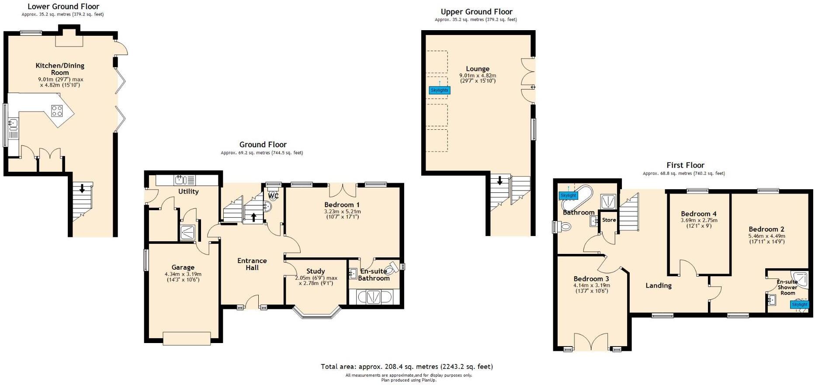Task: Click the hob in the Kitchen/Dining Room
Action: [57, 111]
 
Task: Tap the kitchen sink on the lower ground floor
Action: [13, 125]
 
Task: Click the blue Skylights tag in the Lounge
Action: [440, 90]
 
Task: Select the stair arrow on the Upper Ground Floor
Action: [499, 180]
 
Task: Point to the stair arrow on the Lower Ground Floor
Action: [82, 188]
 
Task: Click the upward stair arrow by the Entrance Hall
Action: [254, 217]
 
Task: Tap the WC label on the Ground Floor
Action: [273, 196]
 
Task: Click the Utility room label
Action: [188, 191]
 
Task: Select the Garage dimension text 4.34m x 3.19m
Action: [183, 274]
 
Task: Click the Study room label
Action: [316, 271]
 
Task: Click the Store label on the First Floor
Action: [609, 220]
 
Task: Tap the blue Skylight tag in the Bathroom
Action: [569, 195]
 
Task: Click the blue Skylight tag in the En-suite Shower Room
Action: [800, 305]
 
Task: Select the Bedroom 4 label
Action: [699, 214]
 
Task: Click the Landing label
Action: [659, 285]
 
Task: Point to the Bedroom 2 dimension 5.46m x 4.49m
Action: [766, 236]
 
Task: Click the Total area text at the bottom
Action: [407, 367]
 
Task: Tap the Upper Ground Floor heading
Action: [476, 12]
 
